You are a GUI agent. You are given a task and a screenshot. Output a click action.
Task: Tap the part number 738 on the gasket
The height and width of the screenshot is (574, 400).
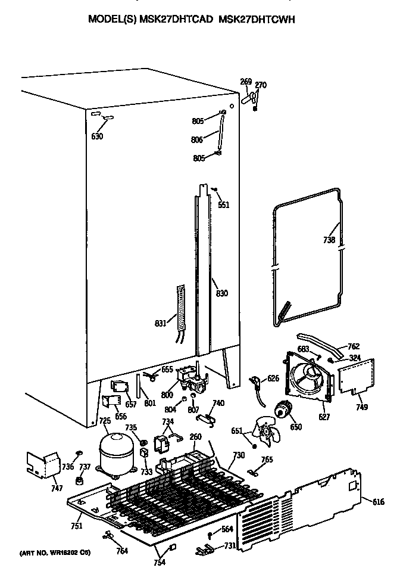(329, 240)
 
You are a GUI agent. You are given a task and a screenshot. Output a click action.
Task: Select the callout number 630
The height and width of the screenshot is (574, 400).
(97, 136)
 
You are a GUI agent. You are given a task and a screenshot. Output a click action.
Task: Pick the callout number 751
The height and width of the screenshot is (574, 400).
(76, 525)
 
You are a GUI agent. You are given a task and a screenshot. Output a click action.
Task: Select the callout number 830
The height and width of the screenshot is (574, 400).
(222, 293)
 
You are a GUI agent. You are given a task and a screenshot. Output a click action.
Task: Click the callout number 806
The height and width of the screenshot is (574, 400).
(198, 139)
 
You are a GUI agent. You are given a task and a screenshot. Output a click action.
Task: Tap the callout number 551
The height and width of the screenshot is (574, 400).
(223, 205)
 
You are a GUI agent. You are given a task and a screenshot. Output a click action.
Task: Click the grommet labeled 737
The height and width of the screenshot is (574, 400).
(80, 480)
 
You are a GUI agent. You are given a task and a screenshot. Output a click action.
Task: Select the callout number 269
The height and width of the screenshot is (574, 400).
(246, 82)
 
